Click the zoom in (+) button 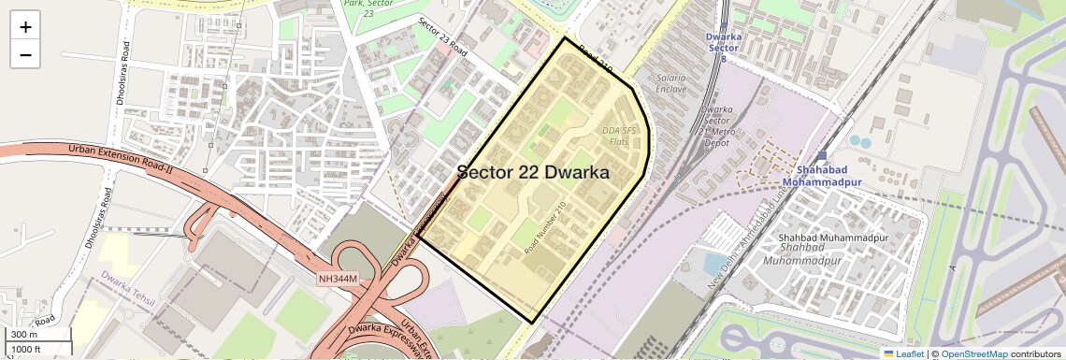(x=25, y=26)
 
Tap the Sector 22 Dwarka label (x=533, y=173)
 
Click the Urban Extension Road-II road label (x=122, y=160)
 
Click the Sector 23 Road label (x=442, y=37)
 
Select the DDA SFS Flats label (x=619, y=136)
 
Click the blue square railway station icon (x=822, y=156)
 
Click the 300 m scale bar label (x=24, y=335)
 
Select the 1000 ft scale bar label (x=25, y=349)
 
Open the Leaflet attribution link (x=903, y=353)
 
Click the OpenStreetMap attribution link (x=973, y=353)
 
